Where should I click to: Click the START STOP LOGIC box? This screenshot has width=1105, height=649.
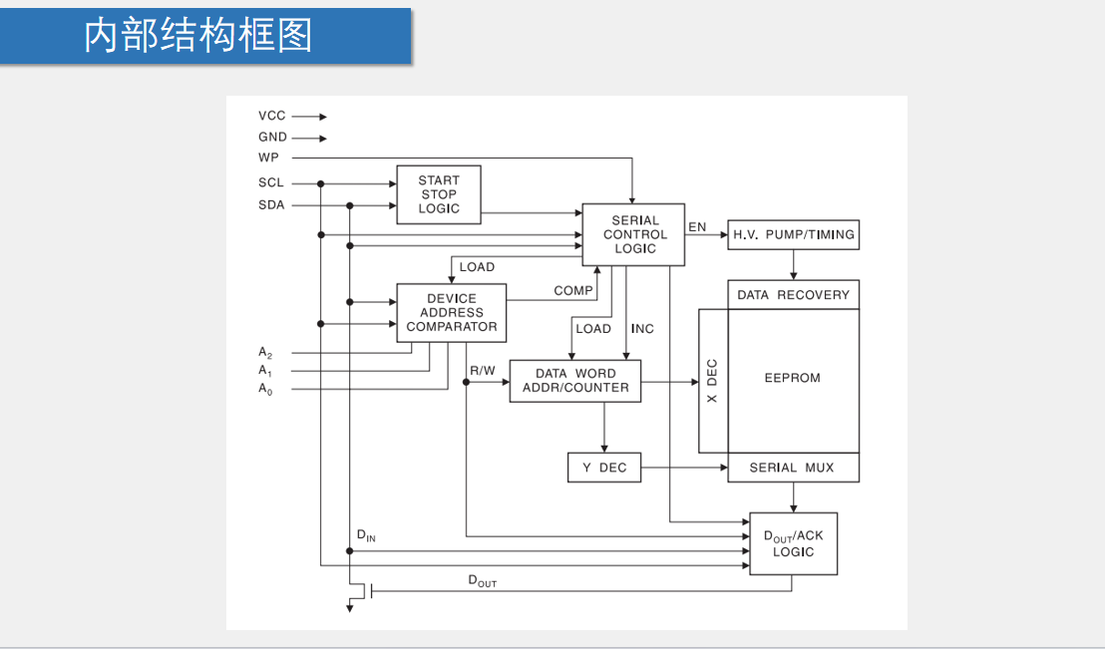click(x=439, y=194)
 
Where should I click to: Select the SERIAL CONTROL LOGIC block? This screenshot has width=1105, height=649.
click(x=634, y=235)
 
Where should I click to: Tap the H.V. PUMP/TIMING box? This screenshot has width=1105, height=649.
click(x=793, y=235)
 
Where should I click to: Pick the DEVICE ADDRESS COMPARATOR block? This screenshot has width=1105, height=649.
click(x=451, y=313)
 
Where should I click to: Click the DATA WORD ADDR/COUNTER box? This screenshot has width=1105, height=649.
click(x=575, y=381)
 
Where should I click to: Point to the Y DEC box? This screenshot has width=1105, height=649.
click(x=604, y=468)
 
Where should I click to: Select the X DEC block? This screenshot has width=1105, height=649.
click(x=712, y=380)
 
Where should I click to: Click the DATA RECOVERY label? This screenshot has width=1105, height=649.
click(x=793, y=295)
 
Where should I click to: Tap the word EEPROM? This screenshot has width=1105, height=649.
click(x=793, y=379)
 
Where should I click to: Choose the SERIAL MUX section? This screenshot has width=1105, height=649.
click(x=793, y=468)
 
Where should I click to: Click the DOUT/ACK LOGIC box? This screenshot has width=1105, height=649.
click(x=794, y=543)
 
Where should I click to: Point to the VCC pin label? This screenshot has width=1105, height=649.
click(x=271, y=116)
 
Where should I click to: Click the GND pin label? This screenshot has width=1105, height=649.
click(x=272, y=138)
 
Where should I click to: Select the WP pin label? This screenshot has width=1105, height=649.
click(x=268, y=159)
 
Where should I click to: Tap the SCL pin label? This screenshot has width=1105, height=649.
click(x=271, y=183)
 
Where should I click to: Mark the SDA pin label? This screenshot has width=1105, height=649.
click(x=271, y=205)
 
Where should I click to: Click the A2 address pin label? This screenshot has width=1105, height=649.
click(x=265, y=353)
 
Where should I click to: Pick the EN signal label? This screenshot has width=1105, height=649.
click(x=697, y=227)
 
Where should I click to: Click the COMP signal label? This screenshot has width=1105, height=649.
click(x=573, y=290)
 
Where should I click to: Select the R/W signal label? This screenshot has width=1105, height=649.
click(x=483, y=371)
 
